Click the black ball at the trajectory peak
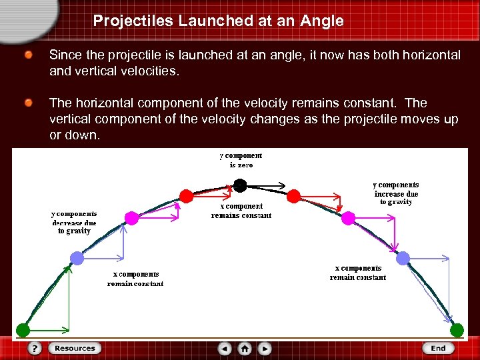click(241, 184)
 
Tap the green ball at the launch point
click(23, 329)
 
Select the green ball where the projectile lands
click(457, 329)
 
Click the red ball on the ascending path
click(187, 195)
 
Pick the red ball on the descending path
click(293, 195)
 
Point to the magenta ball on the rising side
click(132, 218)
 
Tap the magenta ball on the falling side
click(349, 217)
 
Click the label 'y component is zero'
click(241, 160)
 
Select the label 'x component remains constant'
click(241, 211)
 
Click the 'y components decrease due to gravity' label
click(74, 223)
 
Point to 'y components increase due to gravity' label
click(396, 193)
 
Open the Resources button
click(75, 348)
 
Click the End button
click(438, 348)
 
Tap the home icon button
click(245, 348)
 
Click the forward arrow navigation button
click(265, 348)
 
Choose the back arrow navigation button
click(225, 348)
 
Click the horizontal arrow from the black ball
click(267, 184)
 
